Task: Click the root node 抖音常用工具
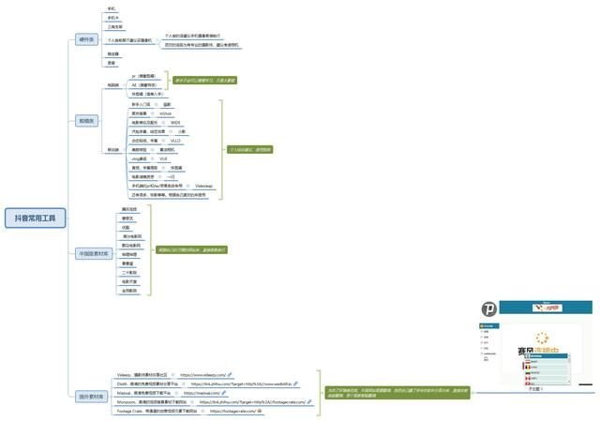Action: (36, 218)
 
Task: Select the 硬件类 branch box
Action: (86, 40)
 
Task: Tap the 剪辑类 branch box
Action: (86, 121)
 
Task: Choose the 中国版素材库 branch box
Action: (93, 253)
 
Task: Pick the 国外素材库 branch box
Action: (90, 397)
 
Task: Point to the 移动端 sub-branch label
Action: (112, 149)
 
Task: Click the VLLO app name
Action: (175, 141)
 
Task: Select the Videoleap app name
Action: (203, 186)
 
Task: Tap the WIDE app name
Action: (175, 122)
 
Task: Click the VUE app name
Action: (163, 158)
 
